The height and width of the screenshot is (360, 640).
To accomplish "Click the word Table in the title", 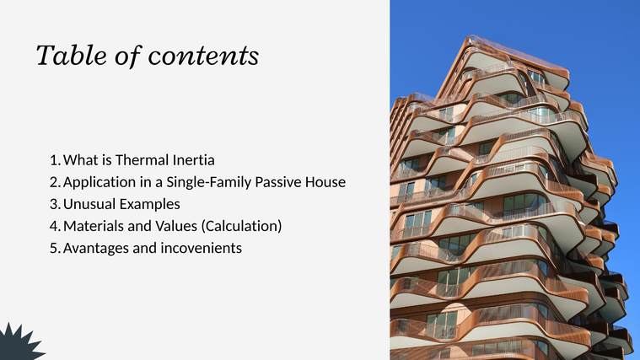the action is (x=72, y=55).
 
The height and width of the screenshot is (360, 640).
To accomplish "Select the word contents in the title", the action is (x=203, y=56).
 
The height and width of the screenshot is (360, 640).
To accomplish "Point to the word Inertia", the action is (x=193, y=160).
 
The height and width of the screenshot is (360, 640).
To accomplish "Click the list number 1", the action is (x=55, y=160).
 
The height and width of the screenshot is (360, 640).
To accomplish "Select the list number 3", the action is (x=55, y=204).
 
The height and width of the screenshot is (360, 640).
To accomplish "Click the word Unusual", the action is (x=89, y=204).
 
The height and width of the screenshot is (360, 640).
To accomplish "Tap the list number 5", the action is (x=55, y=248).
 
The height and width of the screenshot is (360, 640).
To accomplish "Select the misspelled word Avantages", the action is (x=95, y=249).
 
